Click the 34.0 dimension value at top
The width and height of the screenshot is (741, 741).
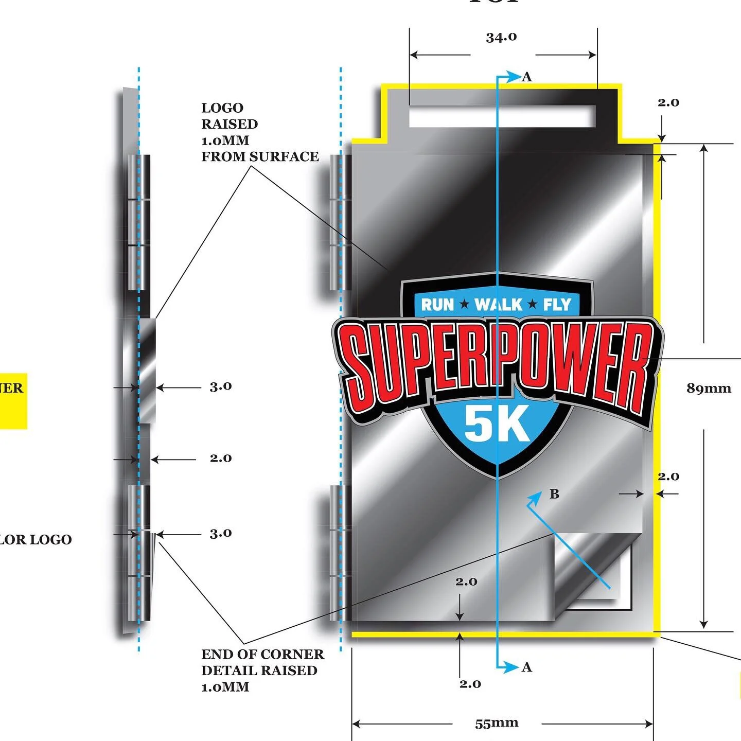[501, 38]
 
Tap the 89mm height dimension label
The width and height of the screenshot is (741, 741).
[709, 389]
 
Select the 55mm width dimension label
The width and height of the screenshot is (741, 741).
[497, 723]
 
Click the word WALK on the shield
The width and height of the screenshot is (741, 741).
[498, 305]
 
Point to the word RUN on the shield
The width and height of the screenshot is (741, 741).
[437, 305]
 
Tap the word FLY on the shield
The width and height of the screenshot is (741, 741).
[557, 305]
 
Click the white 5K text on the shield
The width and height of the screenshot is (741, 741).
[497, 424]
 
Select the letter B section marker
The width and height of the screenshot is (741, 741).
[554, 495]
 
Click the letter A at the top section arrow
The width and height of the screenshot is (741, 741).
[526, 77]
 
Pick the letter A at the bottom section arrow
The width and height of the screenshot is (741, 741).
[526, 667]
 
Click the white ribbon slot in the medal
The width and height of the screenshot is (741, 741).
[502, 116]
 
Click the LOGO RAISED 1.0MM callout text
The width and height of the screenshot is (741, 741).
[259, 132]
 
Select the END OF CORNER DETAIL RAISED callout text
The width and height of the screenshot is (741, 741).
[262, 671]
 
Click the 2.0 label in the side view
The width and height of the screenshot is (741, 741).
[221, 458]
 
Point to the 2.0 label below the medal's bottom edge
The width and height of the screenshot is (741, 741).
[470, 684]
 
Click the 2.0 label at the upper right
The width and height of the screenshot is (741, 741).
[668, 102]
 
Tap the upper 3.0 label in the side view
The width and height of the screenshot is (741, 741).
[221, 386]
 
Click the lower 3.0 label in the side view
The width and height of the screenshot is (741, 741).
[221, 534]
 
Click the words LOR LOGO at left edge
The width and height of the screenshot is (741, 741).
[36, 540]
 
